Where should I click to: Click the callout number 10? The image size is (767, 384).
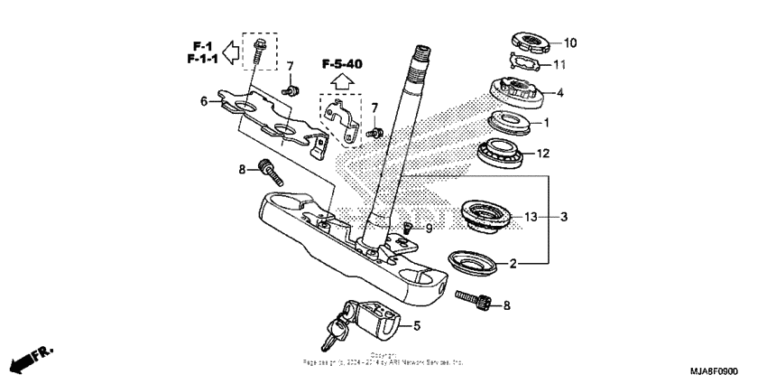point(570,42)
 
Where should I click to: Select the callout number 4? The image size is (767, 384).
point(560,92)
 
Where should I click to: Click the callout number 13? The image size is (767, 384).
point(531,217)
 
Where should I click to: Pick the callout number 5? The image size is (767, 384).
point(416,325)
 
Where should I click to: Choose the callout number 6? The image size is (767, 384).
point(204,102)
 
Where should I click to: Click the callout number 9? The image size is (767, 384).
point(429,229)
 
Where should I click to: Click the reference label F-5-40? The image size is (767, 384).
point(344,64)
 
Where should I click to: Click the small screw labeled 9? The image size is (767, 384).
point(407,228)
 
